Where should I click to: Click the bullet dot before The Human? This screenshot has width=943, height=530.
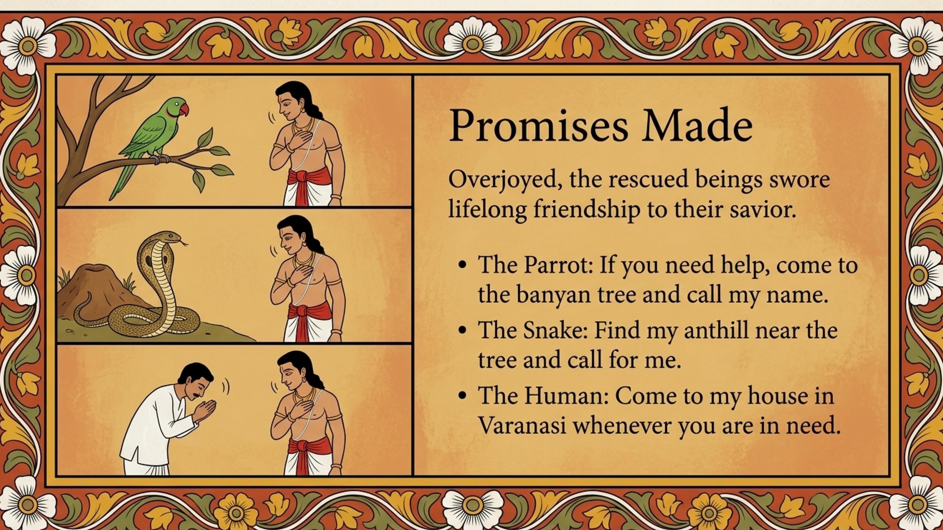point(464,396)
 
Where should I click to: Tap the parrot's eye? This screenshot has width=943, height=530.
point(177,105)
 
